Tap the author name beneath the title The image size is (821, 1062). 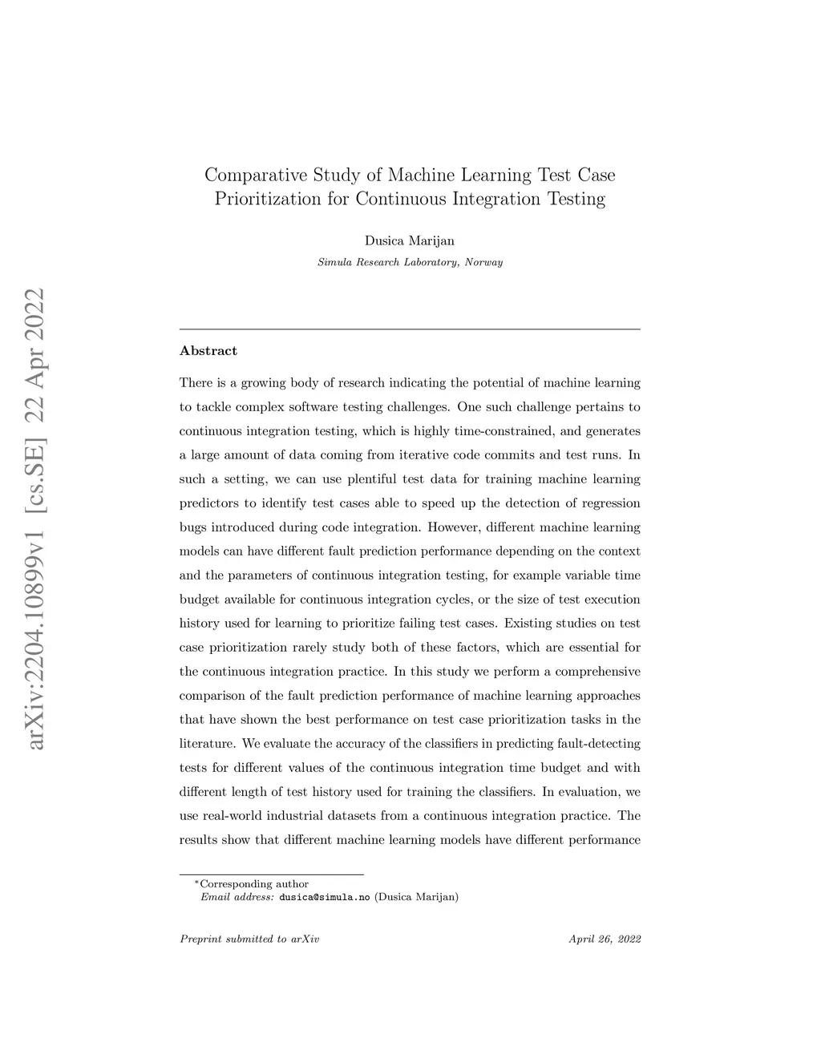410,240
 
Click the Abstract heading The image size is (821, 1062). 208,350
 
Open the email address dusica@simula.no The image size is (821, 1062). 324,897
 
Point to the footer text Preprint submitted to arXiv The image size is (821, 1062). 249,939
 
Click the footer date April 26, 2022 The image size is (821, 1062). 605,939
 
